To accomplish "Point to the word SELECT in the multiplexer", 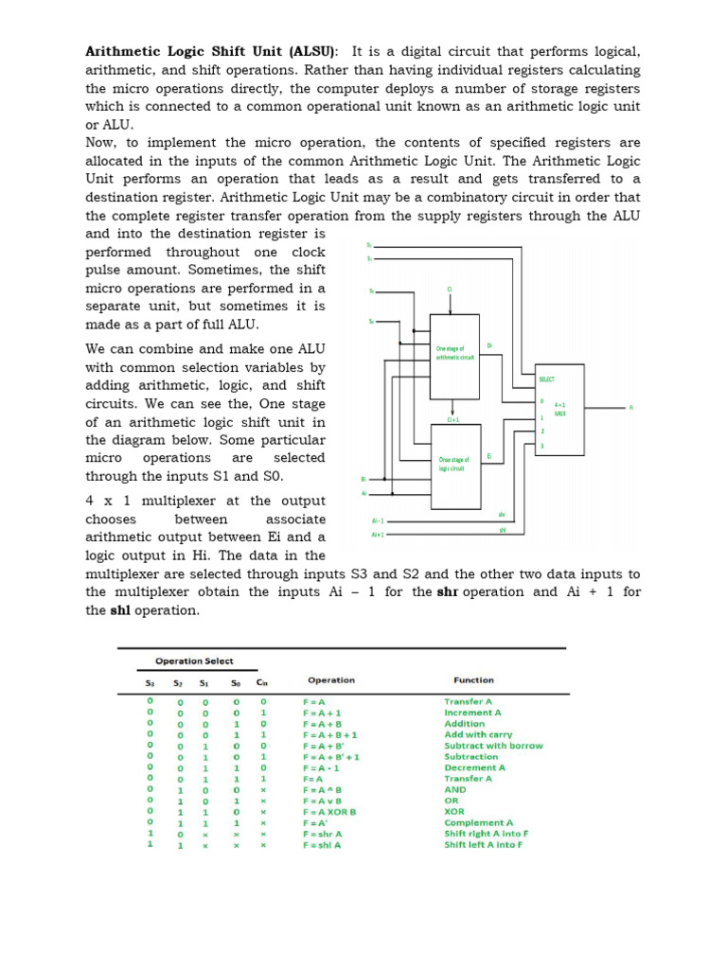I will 547,379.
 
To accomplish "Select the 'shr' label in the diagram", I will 502,515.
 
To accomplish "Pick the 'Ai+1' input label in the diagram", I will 377,535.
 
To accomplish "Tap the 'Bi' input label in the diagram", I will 364,479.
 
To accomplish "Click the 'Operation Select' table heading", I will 194,661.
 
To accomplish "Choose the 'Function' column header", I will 473,679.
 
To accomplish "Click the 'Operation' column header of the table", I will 331,679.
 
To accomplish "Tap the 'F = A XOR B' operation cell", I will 329,812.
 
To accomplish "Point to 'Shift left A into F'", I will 483,845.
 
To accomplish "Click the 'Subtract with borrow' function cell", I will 493,746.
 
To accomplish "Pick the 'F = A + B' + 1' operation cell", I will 331,757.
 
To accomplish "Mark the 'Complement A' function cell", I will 478,823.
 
